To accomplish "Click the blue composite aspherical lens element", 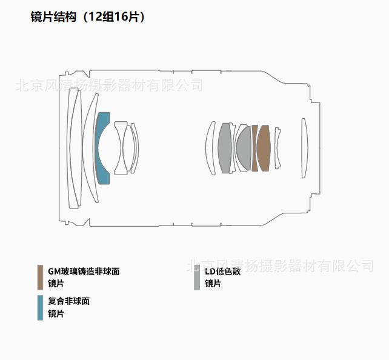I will pyautogui.click(x=102, y=148).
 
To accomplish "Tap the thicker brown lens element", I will pyautogui.click(x=263, y=148).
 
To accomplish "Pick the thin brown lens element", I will pyautogui.click(x=254, y=148).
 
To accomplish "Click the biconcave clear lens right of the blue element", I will pyautogui.click(x=121, y=148).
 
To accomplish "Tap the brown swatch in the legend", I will pyautogui.click(x=40, y=277).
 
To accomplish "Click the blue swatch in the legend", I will pyautogui.click(x=40, y=307).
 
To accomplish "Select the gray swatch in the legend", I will pyautogui.click(x=197, y=277).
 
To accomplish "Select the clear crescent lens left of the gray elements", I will pyautogui.click(x=211, y=148).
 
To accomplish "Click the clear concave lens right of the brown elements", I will pyautogui.click(x=277, y=148).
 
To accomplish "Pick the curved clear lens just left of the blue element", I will pyautogui.click(x=90, y=148).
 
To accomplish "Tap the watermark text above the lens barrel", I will pyautogui.click(x=109, y=85).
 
